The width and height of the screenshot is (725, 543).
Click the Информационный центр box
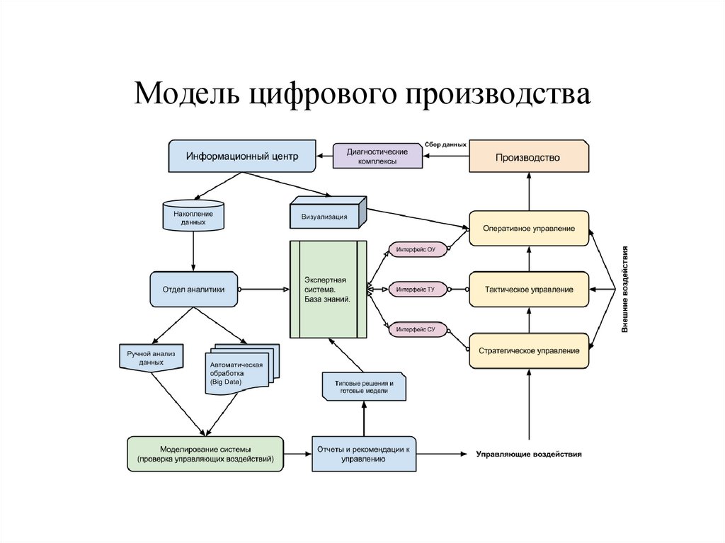tap(242, 156)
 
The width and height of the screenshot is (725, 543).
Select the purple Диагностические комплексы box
tap(377, 156)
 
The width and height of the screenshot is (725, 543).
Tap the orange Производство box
tap(529, 157)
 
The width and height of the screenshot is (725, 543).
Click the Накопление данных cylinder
tap(194, 215)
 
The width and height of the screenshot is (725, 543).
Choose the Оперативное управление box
tap(529, 229)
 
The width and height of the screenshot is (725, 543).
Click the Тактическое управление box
tap(529, 290)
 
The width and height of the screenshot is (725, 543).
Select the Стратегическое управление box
tap(529, 350)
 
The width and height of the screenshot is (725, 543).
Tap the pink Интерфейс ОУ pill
tap(416, 250)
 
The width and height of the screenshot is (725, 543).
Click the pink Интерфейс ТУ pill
tap(416, 290)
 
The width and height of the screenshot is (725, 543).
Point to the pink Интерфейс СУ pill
tap(416, 330)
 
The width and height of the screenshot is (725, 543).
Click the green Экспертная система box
tap(329, 290)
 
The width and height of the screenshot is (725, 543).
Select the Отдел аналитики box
tap(194, 290)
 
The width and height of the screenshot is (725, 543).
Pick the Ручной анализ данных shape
tap(152, 357)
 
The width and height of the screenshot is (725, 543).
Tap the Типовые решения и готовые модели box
tap(364, 387)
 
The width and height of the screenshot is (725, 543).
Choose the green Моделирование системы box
tap(205, 455)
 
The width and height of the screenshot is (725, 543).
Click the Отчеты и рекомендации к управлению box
tap(364, 455)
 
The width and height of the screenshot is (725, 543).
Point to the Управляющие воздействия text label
tap(529, 455)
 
